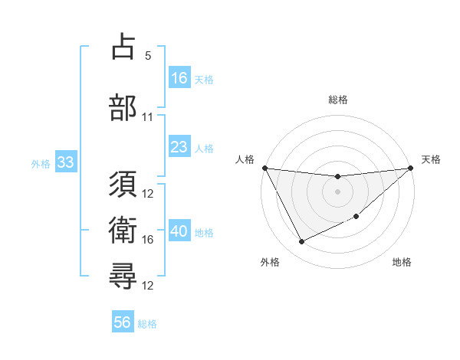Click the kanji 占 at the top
tap(123, 47)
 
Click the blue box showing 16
tap(179, 77)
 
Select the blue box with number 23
tap(179, 147)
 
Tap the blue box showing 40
tap(179, 231)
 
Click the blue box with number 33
tap(64, 162)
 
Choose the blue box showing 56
tap(123, 322)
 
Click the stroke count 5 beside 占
tap(148, 56)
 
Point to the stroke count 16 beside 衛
tap(148, 240)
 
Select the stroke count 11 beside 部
tap(148, 117)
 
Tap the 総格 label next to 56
tap(147, 324)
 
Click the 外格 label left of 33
tap(41, 163)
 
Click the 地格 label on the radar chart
tap(402, 262)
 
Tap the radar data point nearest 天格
tap(411, 169)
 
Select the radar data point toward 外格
tap(301, 242)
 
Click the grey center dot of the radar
tap(337, 191)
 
